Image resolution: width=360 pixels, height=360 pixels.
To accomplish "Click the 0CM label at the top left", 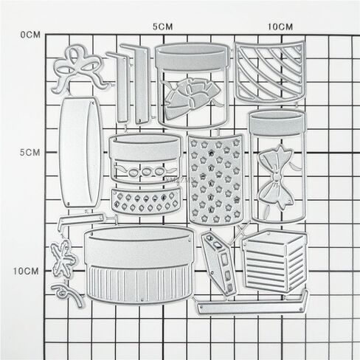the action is (30, 35).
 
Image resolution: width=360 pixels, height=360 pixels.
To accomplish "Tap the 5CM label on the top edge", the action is (162, 27).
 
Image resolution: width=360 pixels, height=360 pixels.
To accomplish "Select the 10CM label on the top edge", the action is (280, 27).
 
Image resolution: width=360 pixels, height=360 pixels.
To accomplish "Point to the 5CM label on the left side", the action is (30, 153).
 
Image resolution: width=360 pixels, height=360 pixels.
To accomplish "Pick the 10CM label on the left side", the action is (26, 271).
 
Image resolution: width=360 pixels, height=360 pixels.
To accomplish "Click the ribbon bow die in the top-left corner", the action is (79, 69).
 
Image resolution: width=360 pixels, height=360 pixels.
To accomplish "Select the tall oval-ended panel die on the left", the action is (80, 153).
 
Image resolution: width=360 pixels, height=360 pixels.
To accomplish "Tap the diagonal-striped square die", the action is (271, 72).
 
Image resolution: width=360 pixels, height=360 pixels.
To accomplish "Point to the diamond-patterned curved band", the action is (145, 201).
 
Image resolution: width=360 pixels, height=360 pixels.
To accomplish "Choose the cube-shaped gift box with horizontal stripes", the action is (274, 261).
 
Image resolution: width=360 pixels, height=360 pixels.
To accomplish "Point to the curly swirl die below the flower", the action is (67, 294).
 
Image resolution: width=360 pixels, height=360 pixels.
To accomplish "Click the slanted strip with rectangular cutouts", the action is (218, 263).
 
